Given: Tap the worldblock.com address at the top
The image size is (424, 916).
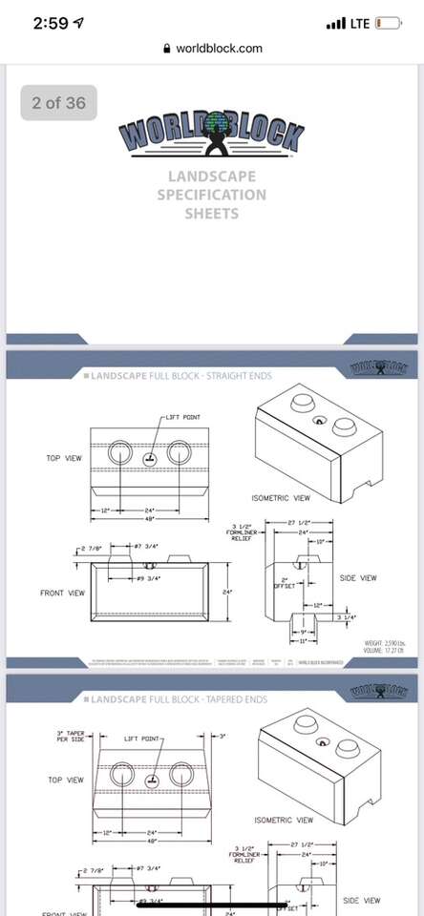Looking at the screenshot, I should tap(219, 49).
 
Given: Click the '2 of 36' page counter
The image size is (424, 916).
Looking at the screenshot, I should tap(58, 103).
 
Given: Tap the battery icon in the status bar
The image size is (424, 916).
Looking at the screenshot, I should tap(388, 23).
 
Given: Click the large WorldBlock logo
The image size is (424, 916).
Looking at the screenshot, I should tap(212, 138).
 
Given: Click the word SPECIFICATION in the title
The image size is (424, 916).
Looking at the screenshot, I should tap(212, 195).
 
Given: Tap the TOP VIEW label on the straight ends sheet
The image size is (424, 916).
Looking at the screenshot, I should tap(65, 458).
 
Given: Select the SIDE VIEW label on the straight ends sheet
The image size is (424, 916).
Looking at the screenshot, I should tap(358, 578).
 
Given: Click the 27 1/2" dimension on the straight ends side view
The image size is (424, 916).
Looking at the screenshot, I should tap(299, 524).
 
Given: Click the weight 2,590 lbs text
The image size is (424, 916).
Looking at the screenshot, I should tap(387, 644).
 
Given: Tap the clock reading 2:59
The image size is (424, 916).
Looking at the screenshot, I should tap(50, 23).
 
